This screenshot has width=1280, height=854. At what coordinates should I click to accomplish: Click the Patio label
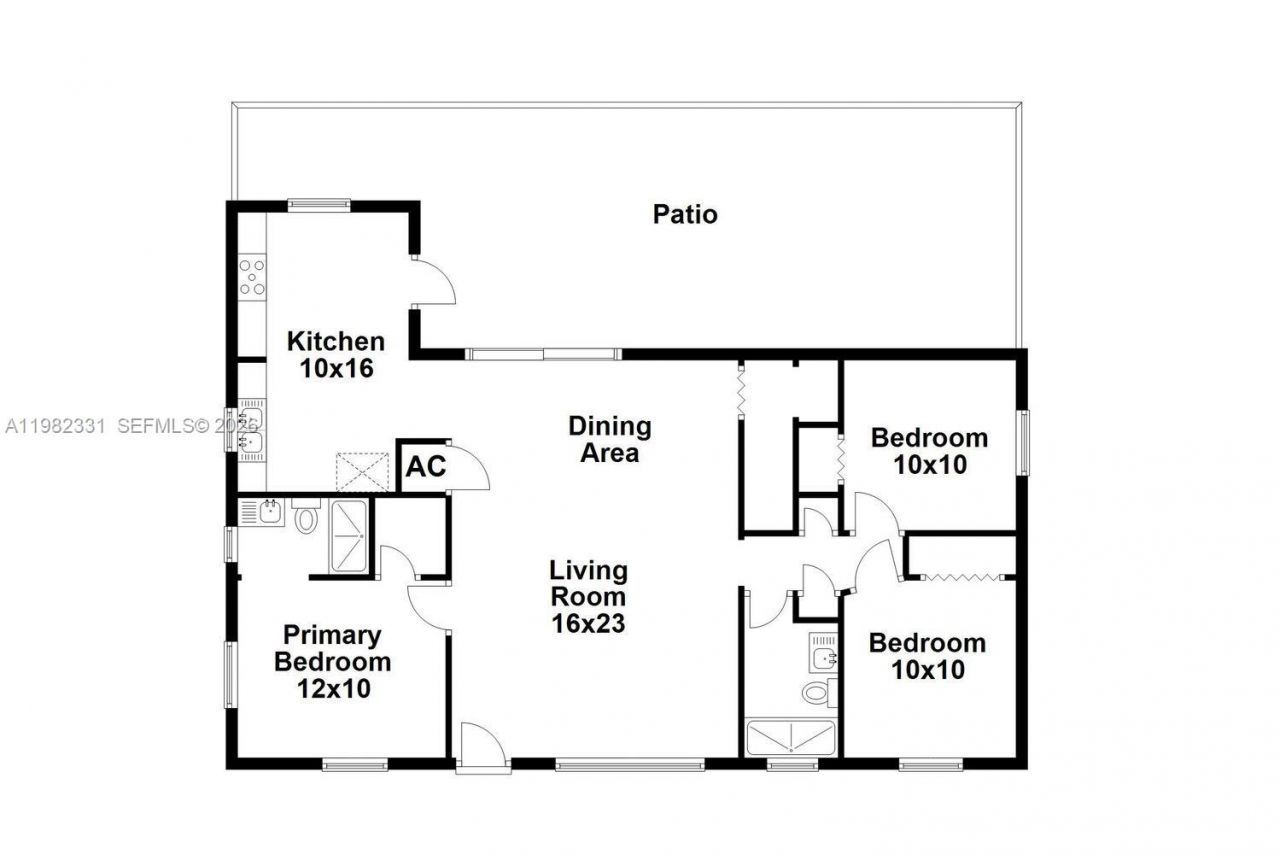(x=685, y=214)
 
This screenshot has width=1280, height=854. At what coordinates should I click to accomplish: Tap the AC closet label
(x=425, y=466)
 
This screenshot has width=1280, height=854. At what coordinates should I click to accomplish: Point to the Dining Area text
(x=610, y=439)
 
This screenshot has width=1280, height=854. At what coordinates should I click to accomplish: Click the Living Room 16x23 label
(x=589, y=597)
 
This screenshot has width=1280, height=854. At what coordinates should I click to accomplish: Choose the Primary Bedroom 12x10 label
(x=333, y=661)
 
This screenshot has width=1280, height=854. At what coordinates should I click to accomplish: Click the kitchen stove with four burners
(x=252, y=276)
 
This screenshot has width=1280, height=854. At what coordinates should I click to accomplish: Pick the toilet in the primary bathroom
(x=306, y=516)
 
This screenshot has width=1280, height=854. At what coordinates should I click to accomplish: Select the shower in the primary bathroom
(x=350, y=536)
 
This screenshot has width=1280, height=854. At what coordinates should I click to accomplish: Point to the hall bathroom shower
(x=790, y=738)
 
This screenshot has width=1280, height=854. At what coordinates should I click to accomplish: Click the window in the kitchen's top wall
(x=319, y=205)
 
